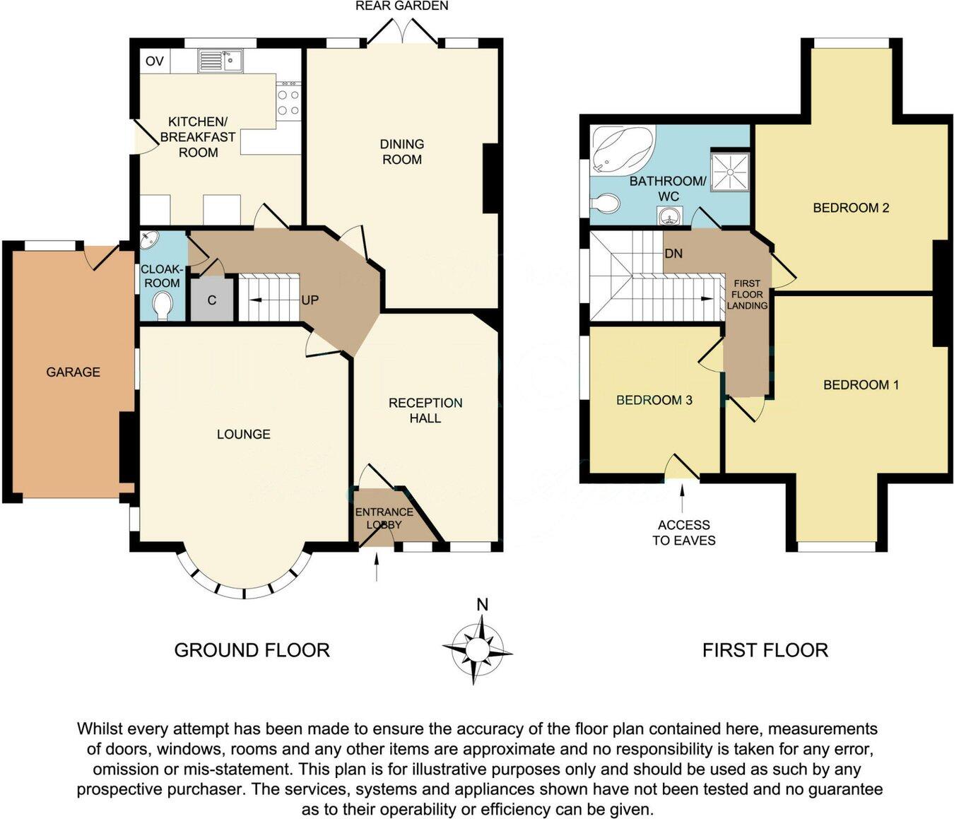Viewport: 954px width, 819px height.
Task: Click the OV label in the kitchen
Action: coord(154,61)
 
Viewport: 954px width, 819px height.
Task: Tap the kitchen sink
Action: coord(220,61)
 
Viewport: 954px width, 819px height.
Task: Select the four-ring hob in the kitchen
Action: coord(288,101)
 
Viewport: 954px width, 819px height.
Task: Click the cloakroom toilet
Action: coord(163,306)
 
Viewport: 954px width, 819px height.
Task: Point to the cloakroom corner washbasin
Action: coord(150,241)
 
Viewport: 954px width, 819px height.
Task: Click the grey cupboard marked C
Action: coord(211,300)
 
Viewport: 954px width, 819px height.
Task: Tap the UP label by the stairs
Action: coord(310,300)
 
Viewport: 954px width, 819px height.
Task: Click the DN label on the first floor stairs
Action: coord(673,253)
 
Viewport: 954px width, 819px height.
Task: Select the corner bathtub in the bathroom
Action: coord(620,149)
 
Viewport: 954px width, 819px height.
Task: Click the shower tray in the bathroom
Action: coord(729,170)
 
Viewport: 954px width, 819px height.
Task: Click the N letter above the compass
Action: coord(482,605)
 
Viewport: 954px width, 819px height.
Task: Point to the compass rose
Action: coord(477,649)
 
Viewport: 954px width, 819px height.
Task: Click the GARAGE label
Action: coord(73,372)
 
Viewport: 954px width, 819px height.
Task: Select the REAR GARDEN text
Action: coord(401,6)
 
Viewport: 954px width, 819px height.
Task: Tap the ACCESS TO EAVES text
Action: coord(683,533)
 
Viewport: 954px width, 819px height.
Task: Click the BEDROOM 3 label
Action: coord(654,400)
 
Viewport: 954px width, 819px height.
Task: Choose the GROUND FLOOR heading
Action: coord(252,650)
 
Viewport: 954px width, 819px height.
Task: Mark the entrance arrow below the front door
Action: coord(377,567)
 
